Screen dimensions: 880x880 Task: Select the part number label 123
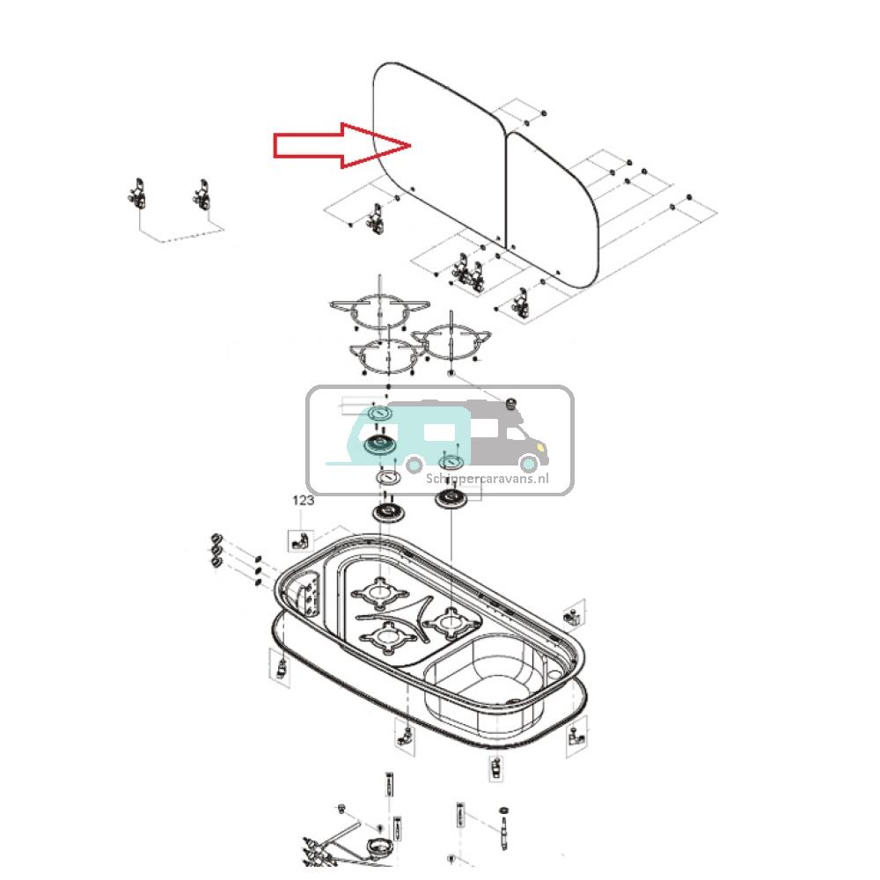(303, 500)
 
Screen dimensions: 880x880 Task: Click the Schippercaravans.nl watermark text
(487, 479)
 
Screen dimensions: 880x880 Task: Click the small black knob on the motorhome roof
(509, 403)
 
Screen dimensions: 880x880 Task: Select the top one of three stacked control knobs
(214, 539)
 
